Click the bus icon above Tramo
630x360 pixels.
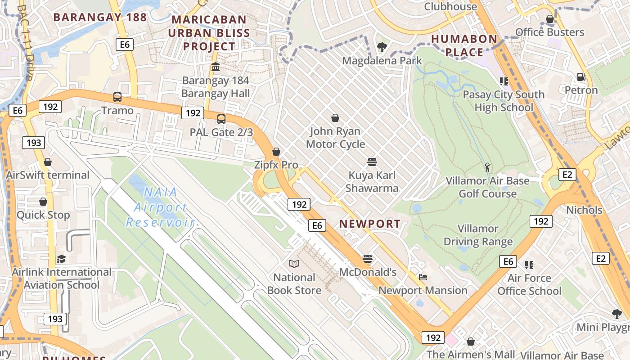(x=117, y=97)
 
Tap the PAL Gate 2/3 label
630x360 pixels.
(x=221, y=132)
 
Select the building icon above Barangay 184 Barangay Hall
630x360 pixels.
(x=216, y=67)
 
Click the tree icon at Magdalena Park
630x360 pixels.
(x=382, y=46)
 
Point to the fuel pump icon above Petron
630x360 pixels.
(x=581, y=77)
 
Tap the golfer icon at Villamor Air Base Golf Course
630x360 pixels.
(x=487, y=167)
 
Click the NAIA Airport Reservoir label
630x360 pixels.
(x=160, y=207)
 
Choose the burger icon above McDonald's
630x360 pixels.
(x=368, y=259)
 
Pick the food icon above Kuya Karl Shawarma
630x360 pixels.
(x=372, y=162)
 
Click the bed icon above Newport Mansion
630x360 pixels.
(x=423, y=277)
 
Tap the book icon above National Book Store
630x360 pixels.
(x=294, y=264)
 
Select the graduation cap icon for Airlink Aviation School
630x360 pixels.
(x=61, y=259)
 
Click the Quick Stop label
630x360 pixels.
(x=43, y=215)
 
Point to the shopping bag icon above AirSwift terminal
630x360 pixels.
(x=48, y=162)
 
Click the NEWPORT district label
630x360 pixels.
(x=369, y=224)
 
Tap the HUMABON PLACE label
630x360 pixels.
(x=464, y=45)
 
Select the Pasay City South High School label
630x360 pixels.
(x=504, y=101)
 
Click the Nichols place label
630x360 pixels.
(x=584, y=210)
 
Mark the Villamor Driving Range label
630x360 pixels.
(x=478, y=235)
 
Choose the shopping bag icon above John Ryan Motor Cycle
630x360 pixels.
(x=335, y=118)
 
